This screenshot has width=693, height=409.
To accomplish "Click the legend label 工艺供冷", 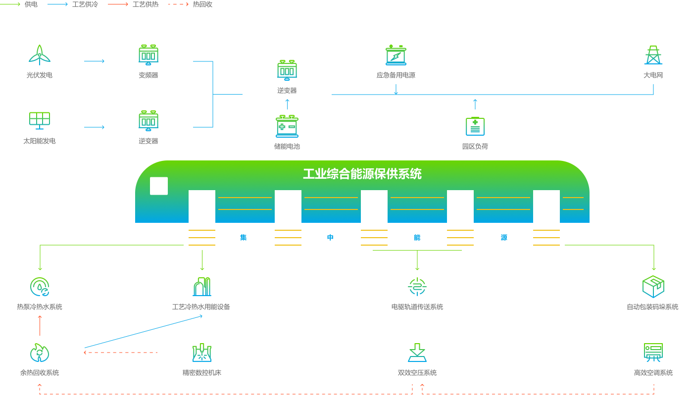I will pyautogui.click(x=85, y=4).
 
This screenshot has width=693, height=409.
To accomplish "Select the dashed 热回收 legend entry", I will pyautogui.click(x=191, y=4).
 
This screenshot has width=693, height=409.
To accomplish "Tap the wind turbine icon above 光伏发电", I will pyautogui.click(x=40, y=54).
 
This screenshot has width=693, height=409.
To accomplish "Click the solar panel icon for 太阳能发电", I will pyautogui.click(x=40, y=120).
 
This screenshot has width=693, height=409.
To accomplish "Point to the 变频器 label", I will pyautogui.click(x=148, y=75).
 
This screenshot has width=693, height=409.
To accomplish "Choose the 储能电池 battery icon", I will pyautogui.click(x=287, y=126).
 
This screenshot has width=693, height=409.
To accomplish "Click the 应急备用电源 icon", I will pyautogui.click(x=396, y=55).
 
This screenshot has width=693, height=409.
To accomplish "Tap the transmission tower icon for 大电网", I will pyautogui.click(x=653, y=55).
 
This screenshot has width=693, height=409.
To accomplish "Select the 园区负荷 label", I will pyautogui.click(x=475, y=147).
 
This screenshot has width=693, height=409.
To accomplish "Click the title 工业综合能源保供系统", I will pyautogui.click(x=362, y=174).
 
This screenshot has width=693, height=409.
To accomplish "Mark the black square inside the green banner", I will pyautogui.click(x=159, y=186).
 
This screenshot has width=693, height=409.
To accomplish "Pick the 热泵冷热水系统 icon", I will pyautogui.click(x=40, y=287).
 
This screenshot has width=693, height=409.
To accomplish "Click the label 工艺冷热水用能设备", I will pyautogui.click(x=201, y=307).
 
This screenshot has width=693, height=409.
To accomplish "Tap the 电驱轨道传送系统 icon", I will pyautogui.click(x=417, y=287).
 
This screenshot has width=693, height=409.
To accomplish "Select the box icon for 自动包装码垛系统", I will pyautogui.click(x=653, y=286).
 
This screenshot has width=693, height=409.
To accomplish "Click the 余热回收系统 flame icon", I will pyautogui.click(x=40, y=353).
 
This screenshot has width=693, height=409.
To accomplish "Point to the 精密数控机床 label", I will pyautogui.click(x=202, y=373).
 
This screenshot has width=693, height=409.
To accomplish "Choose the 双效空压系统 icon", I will pyautogui.click(x=417, y=353).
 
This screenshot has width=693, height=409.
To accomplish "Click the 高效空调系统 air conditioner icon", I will pyautogui.click(x=653, y=352).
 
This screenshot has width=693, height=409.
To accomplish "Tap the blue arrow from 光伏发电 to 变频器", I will pyautogui.click(x=95, y=61).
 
